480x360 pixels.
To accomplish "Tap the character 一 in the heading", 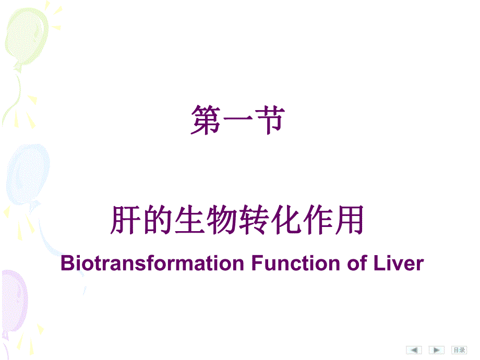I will (238, 121).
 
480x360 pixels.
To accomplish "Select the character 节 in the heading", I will (270, 120).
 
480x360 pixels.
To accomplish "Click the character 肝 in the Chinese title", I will (126, 220).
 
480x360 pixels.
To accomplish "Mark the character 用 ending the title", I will (350, 220).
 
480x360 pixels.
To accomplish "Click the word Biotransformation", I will (152, 263).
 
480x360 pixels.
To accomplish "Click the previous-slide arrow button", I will (414, 350).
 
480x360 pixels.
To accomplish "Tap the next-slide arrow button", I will (437, 350).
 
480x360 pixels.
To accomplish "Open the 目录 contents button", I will (459, 350).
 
